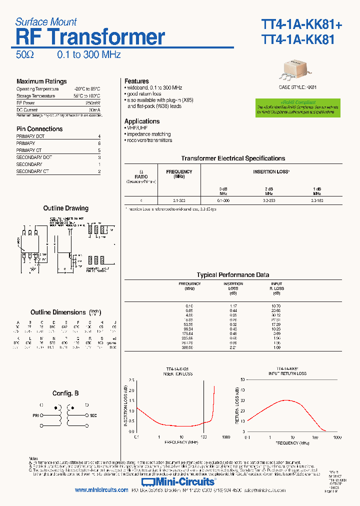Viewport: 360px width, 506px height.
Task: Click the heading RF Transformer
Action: click(x=90, y=37)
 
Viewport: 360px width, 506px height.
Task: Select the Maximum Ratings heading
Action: click(x=41, y=81)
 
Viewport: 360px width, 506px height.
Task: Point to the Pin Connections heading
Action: click(x=39, y=129)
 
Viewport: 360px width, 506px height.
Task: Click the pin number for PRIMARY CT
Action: click(x=99, y=150)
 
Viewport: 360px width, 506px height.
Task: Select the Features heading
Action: click(x=136, y=81)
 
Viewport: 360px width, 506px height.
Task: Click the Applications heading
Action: click(x=142, y=121)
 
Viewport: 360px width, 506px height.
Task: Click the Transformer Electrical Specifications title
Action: click(x=233, y=158)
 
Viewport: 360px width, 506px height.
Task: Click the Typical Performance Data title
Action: click(x=233, y=275)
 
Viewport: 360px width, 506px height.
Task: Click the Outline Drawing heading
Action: click(x=65, y=208)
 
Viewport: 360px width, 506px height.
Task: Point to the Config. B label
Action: click(x=65, y=393)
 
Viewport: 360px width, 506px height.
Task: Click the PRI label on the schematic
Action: click(x=35, y=415)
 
